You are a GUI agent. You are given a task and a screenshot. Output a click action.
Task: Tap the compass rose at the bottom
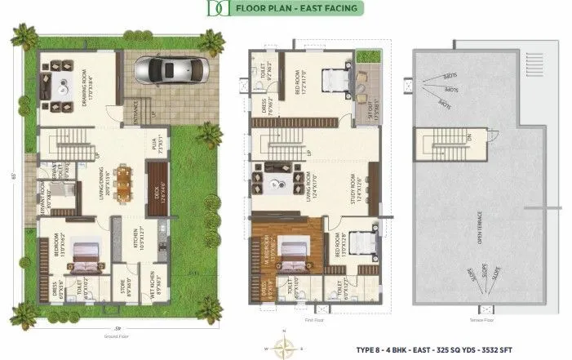284,348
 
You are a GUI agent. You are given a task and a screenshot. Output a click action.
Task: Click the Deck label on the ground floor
163,193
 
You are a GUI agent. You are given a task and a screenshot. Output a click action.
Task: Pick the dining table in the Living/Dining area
122,182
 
